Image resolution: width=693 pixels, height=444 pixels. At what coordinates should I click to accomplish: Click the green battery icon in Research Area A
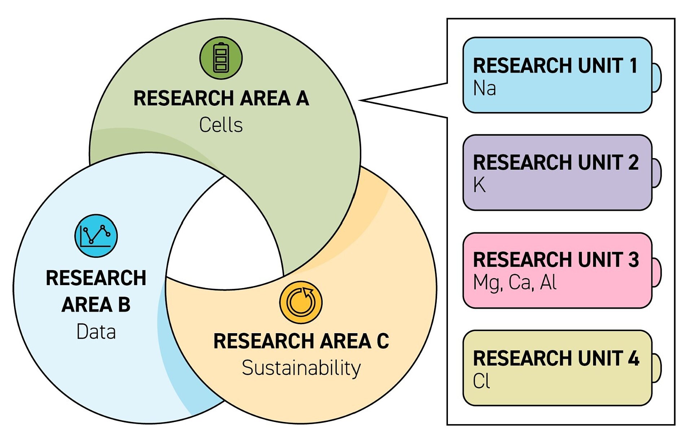click(221, 58)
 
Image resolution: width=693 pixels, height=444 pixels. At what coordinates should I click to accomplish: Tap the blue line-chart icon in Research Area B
click(96, 236)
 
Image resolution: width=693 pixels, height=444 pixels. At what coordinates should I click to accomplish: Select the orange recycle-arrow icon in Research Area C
click(301, 302)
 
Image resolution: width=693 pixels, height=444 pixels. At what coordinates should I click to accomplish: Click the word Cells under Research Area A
click(221, 125)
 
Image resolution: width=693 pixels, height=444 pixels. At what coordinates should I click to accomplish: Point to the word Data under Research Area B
click(96, 332)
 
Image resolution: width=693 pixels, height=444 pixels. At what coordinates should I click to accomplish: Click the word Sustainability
click(301, 368)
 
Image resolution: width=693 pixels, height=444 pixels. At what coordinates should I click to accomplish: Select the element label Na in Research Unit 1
click(484, 88)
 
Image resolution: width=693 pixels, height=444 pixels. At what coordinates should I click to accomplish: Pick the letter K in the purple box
click(479, 185)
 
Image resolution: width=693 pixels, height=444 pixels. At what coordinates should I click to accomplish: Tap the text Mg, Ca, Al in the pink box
click(515, 282)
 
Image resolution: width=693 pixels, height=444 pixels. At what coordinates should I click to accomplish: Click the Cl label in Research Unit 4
click(481, 381)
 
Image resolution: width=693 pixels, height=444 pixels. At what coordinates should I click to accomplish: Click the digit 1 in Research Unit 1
click(633, 66)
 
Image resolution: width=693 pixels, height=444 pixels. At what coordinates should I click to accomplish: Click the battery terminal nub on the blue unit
click(657, 78)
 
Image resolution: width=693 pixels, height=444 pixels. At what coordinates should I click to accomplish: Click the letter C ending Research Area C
click(383, 341)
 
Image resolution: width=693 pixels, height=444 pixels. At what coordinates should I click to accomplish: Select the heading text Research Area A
click(221, 98)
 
